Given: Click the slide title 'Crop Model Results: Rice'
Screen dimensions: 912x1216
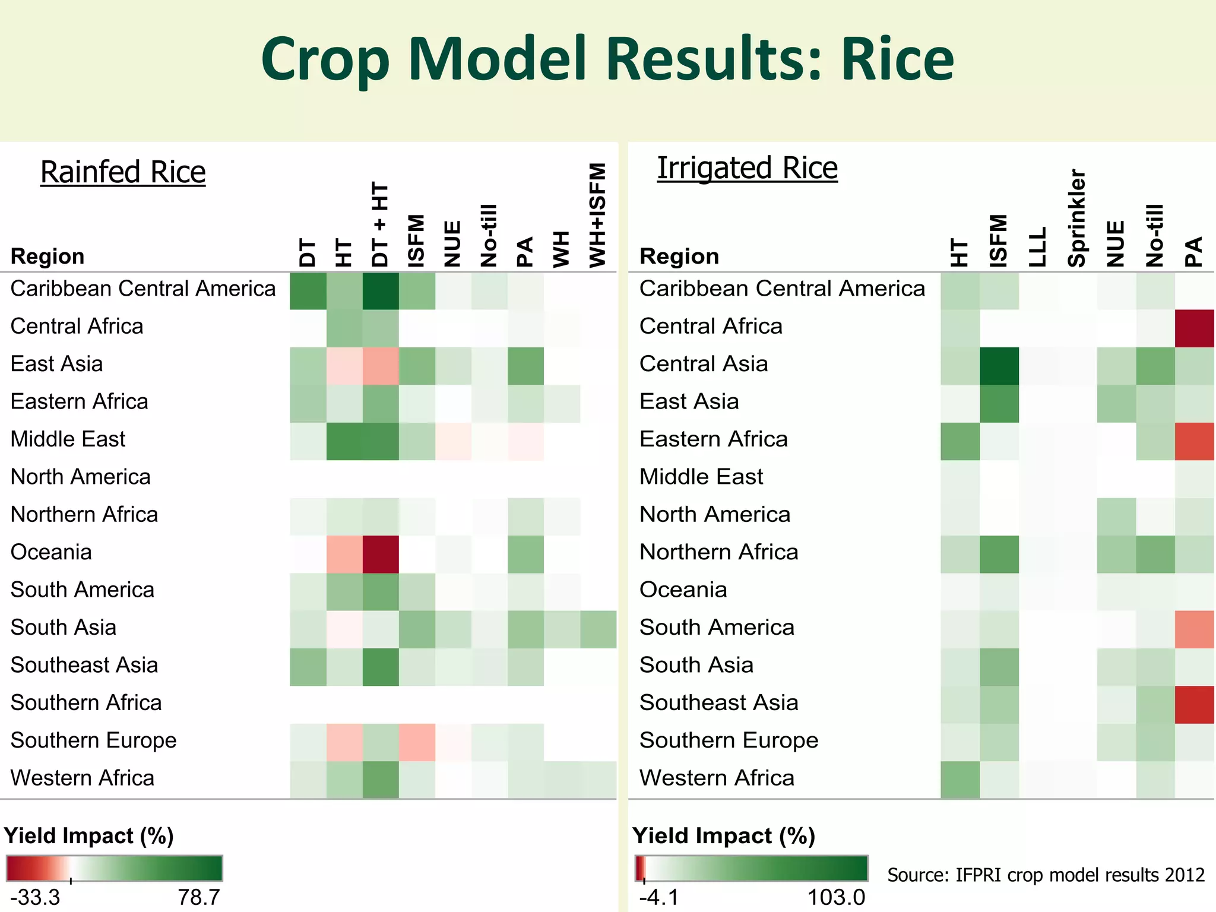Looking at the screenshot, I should click(x=607, y=59).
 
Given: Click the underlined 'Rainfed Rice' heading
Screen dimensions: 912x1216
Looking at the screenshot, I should click(x=123, y=172).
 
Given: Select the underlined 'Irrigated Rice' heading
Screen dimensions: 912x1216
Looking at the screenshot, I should click(x=747, y=168).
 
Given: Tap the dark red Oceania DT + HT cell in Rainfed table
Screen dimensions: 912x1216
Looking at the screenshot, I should click(x=381, y=554).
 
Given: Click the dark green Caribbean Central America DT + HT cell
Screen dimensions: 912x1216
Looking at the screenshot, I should click(x=381, y=291).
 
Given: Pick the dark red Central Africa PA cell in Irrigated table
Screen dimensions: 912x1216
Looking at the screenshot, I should click(x=1194, y=328).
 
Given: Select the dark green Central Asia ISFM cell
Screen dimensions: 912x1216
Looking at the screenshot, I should click(x=999, y=366).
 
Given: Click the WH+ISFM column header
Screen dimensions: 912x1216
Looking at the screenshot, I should click(x=597, y=215).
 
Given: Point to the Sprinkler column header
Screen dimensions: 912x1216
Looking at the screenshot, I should click(x=1077, y=218).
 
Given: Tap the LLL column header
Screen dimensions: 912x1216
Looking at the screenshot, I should click(x=1037, y=247).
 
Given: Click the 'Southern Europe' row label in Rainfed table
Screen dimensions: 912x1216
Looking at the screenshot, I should click(x=94, y=740).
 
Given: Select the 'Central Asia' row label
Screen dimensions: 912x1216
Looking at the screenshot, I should click(x=704, y=364).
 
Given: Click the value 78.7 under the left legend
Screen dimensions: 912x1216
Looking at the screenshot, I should click(x=199, y=897).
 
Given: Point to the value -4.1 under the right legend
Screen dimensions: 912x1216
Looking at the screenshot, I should click(x=658, y=897).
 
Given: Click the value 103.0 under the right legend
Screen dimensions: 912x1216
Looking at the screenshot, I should click(x=836, y=897).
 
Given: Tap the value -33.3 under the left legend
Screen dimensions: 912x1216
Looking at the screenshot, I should click(x=36, y=897).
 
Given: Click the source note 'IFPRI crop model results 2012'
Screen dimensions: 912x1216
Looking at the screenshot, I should click(x=1046, y=875).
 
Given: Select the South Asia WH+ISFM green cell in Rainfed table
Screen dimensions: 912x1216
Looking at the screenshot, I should click(x=598, y=629).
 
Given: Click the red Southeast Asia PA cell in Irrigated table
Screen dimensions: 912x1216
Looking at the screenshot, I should click(x=1194, y=705).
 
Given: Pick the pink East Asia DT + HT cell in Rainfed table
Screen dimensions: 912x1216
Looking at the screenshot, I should click(x=381, y=366).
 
